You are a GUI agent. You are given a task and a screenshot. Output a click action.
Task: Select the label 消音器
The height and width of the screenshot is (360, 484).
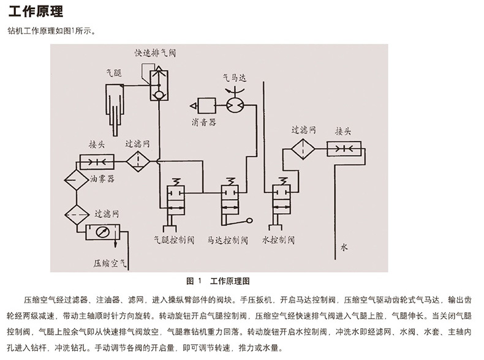click(203, 122)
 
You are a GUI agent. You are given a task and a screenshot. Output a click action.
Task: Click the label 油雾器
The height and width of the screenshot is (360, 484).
click(102, 179)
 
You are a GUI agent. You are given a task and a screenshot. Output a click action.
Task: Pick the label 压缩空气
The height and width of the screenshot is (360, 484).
click(109, 264)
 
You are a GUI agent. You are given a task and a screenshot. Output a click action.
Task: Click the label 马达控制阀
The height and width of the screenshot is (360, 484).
click(228, 240)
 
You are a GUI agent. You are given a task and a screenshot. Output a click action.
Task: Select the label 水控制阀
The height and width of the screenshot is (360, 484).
click(278, 240)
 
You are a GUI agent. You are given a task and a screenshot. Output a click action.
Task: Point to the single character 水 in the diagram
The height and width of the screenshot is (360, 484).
click(344, 247)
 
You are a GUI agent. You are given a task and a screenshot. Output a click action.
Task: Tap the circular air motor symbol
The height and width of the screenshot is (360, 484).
click(233, 105)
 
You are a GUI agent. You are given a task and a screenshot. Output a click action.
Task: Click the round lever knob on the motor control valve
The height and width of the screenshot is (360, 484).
click(249, 222)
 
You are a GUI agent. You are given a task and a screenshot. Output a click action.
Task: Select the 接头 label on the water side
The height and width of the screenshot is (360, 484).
click(342, 131)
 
